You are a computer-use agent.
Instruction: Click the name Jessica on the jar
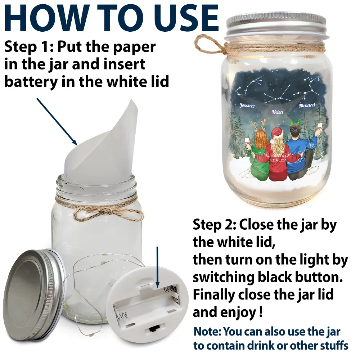click(x=247, y=105)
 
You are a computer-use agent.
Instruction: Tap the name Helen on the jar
click(x=277, y=112)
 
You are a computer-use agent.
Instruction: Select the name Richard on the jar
click(x=307, y=105)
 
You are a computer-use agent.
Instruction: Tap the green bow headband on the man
click(x=296, y=123)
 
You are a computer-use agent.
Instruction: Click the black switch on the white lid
click(x=152, y=329)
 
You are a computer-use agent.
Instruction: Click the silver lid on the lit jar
click(x=276, y=25)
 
